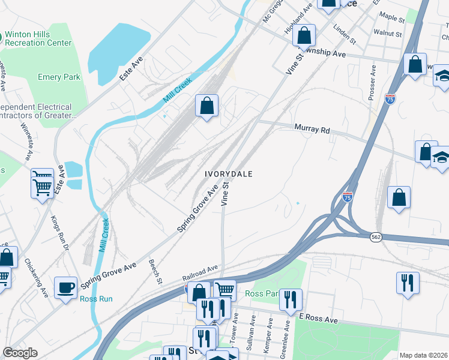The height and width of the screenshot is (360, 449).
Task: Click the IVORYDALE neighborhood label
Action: pyautogui.click(x=228, y=173)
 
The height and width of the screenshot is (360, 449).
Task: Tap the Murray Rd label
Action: pyautogui.click(x=312, y=128)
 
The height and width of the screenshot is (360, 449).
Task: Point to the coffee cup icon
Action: pyautogui.click(x=65, y=287)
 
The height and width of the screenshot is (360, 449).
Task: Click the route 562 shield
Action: pyautogui.click(x=376, y=237)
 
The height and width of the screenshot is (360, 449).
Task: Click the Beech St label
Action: pyautogui.click(x=155, y=272)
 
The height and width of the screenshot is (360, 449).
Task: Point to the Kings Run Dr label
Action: pyautogui.click(x=61, y=234)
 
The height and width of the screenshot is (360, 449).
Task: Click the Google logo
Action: pyautogui.click(x=20, y=353)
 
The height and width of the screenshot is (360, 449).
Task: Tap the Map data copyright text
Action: pyautogui.click(x=423, y=355)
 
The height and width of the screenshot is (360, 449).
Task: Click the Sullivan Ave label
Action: pyautogui.click(x=253, y=335)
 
